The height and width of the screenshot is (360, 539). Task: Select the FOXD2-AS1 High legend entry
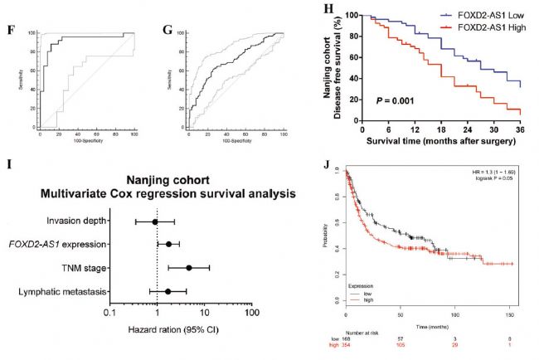(478, 31)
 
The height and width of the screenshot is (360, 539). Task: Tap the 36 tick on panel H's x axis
(521, 129)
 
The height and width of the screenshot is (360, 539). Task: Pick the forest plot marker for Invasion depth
(155, 221)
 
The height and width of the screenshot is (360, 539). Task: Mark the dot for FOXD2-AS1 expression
(168, 245)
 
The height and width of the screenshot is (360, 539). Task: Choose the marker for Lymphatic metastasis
(168, 291)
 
